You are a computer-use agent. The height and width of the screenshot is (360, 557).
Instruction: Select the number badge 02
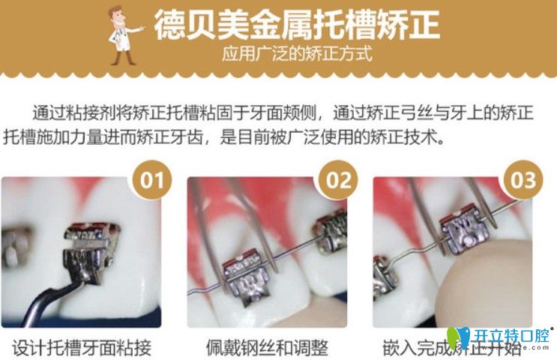coord(339,181)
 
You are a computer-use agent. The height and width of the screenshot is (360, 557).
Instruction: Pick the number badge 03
coord(524,181)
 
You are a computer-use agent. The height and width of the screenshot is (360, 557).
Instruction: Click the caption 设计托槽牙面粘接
coord(82,347)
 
